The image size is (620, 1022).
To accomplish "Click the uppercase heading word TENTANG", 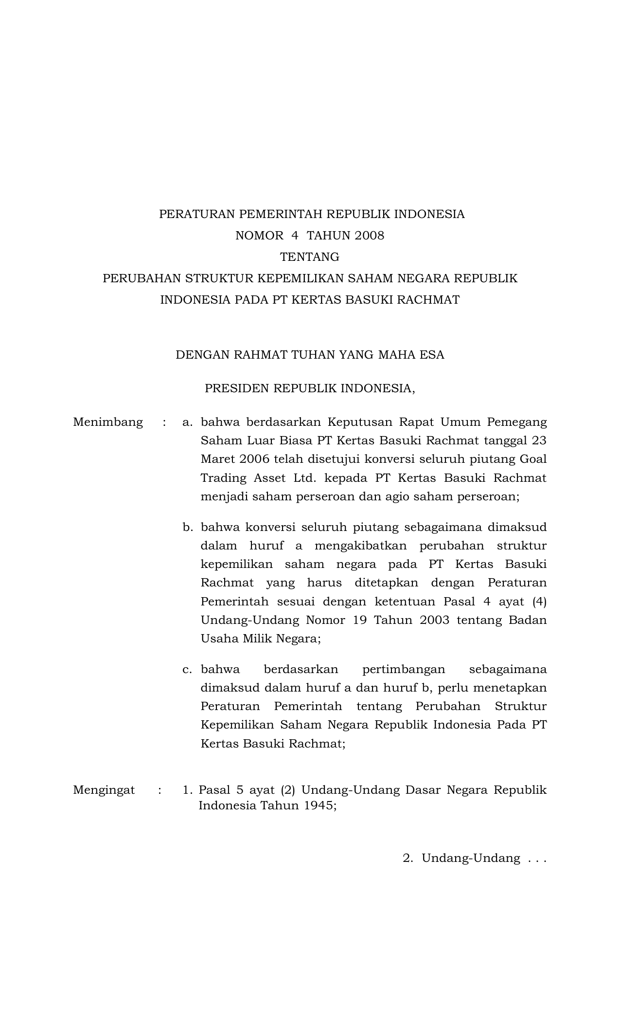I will tap(310, 256).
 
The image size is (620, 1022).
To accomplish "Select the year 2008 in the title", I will tap(369, 236).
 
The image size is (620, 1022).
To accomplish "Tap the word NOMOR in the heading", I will tap(259, 236).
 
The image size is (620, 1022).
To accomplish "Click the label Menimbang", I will tap(108, 422).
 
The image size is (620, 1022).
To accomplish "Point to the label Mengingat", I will tap(104, 789).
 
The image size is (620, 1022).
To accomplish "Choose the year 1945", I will tap(320, 805).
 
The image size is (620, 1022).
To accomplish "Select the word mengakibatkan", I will tap(361, 546).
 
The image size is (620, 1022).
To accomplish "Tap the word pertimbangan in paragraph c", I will tap(404, 669).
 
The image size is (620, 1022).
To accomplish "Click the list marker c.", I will tap(187, 669).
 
